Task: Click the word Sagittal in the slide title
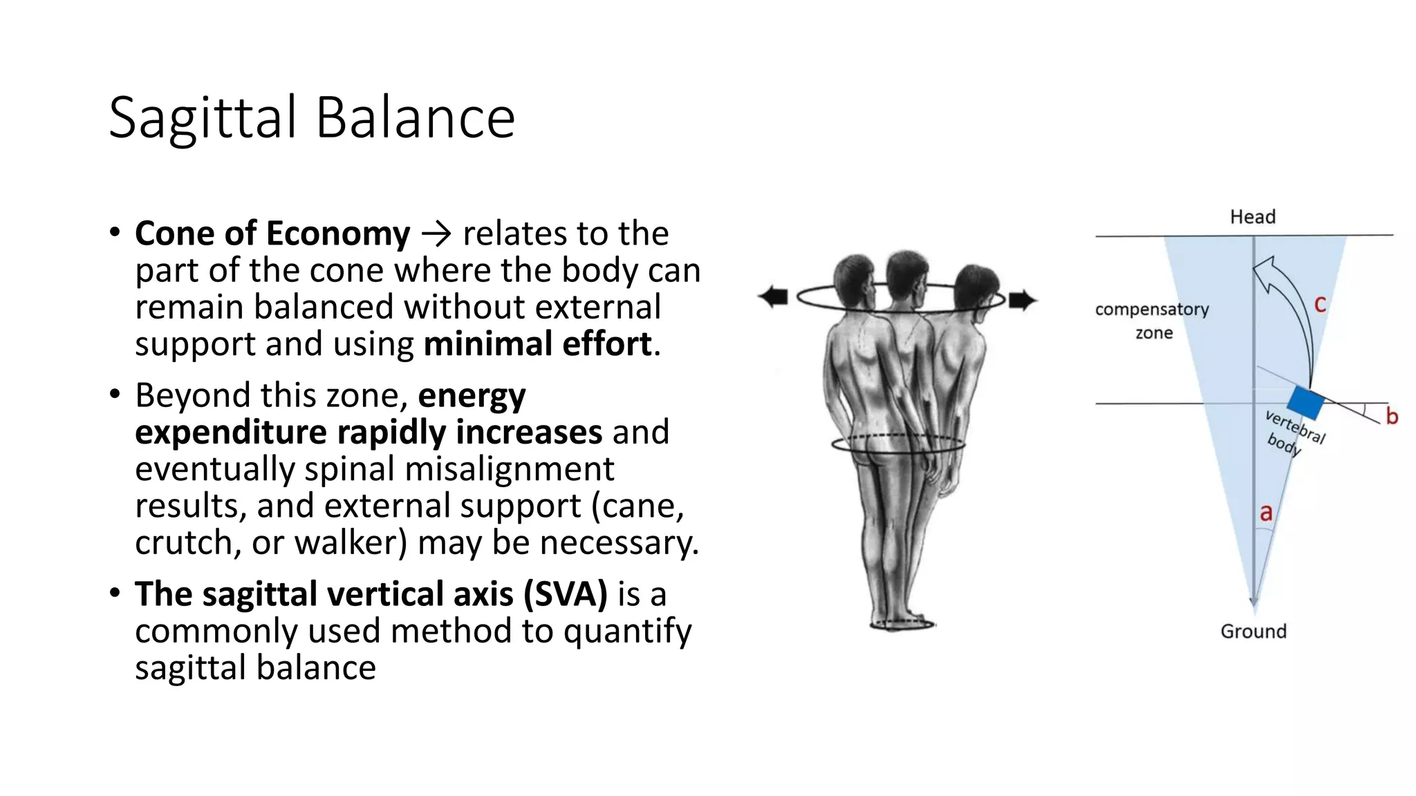coord(203,117)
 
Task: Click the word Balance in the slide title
coord(416,117)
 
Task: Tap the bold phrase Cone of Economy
coord(272,234)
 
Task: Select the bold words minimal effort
coord(538,344)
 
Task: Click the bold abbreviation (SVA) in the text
coord(565,594)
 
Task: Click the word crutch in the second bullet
coord(183,543)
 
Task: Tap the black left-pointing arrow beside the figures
coord(774,297)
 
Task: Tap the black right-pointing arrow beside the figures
coord(1023,300)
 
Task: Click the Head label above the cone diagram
coord(1252,217)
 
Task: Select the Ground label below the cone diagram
coord(1253,632)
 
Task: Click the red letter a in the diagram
coord(1266,513)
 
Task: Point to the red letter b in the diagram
coord(1392,416)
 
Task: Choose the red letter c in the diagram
coord(1320,304)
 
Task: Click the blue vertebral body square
coord(1305,404)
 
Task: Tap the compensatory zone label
coord(1152,321)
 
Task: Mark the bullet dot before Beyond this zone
coord(115,395)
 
